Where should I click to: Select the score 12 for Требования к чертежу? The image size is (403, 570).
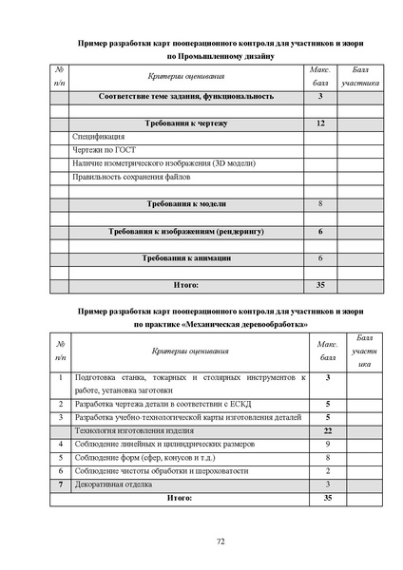point(321,123)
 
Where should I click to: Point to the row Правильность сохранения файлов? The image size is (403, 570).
point(131,177)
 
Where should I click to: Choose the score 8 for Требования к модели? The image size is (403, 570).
point(321,204)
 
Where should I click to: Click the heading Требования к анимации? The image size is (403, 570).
point(185,258)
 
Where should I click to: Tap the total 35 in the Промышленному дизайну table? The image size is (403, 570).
point(321,284)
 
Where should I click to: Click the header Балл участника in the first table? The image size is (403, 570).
point(360,77)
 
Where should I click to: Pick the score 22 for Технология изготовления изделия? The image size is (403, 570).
point(327,430)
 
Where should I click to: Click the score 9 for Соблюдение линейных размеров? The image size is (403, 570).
point(327,444)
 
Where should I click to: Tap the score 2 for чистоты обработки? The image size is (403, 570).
point(327,470)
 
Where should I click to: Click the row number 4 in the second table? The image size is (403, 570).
point(59,444)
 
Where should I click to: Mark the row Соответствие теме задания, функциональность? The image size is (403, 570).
point(185,96)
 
